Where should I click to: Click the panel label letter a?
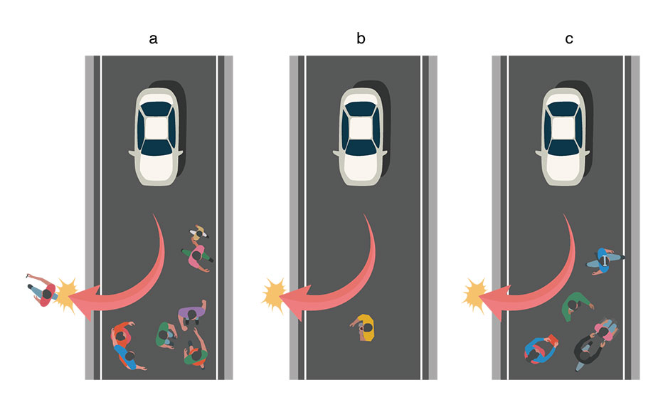[153, 39]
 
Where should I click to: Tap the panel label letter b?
[361, 38]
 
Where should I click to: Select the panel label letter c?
[569, 39]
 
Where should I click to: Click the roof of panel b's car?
[360, 128]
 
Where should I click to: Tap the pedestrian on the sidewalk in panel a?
[42, 290]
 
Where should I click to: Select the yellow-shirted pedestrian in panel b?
[364, 327]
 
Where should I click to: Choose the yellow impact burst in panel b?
[274, 295]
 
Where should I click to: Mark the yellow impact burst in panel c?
[474, 295]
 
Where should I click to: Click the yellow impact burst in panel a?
[66, 294]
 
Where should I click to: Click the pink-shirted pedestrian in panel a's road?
[196, 256]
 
